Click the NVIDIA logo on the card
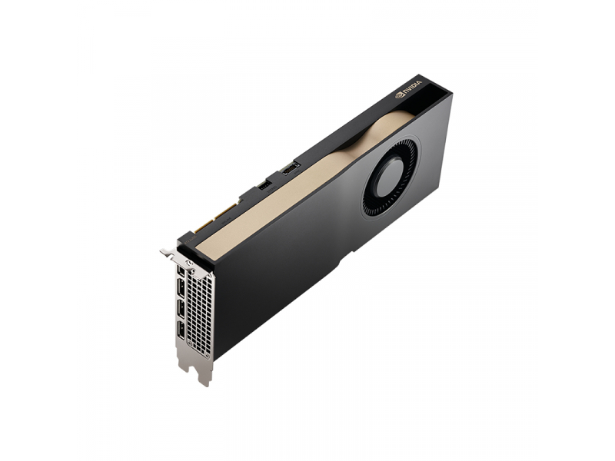[x=408, y=88]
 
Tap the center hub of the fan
[x=389, y=178]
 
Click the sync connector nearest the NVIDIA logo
[x=291, y=169]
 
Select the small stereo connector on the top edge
[x=265, y=185]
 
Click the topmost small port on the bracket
[x=180, y=270]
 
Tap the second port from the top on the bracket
[x=181, y=289]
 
